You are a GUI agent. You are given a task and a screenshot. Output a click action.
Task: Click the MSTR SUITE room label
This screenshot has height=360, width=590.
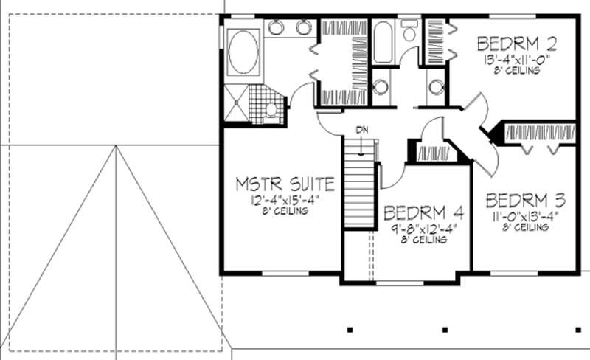(x=285, y=184)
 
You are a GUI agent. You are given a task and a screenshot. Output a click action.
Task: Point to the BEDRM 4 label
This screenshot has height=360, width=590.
(x=424, y=214)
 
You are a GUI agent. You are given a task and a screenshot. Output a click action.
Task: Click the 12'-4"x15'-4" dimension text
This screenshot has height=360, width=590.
(x=285, y=200)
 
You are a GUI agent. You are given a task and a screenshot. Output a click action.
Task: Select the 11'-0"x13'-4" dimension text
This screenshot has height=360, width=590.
(x=527, y=216)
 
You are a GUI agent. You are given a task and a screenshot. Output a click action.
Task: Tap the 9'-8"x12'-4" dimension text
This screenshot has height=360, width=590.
(x=424, y=229)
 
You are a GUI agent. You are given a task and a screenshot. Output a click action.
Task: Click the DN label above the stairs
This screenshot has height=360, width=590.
(x=361, y=130)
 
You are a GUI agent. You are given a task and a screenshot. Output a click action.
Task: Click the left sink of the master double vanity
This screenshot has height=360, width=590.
(x=274, y=28)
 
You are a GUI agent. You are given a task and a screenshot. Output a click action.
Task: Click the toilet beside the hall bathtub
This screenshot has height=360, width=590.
(x=409, y=31)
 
